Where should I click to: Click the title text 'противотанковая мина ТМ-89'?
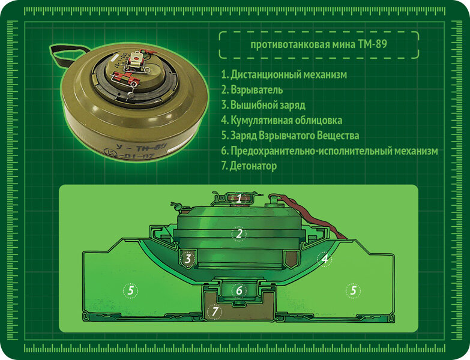tap(319, 44)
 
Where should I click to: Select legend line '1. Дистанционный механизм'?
tap(284, 74)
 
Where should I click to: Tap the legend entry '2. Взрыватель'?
tap(252, 90)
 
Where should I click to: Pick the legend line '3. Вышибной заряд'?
tap(263, 105)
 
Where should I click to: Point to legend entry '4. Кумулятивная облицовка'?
tap(282, 121)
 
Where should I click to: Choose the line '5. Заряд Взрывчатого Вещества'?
tap(290, 136)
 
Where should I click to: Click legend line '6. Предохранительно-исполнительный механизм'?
tap(330, 151)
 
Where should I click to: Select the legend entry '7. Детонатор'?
tap(249, 166)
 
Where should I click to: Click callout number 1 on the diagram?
tap(239, 198)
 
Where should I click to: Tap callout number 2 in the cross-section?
tap(238, 234)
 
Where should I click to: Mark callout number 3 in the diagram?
tap(188, 259)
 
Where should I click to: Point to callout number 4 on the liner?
tap(324, 259)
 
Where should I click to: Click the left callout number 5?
tap(130, 290)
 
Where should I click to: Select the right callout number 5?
tap(353, 290)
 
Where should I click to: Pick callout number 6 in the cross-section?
tap(239, 290)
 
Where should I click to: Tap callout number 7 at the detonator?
tap(214, 312)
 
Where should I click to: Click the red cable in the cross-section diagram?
tap(312, 216)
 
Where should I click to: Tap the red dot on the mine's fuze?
tap(136, 56)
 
